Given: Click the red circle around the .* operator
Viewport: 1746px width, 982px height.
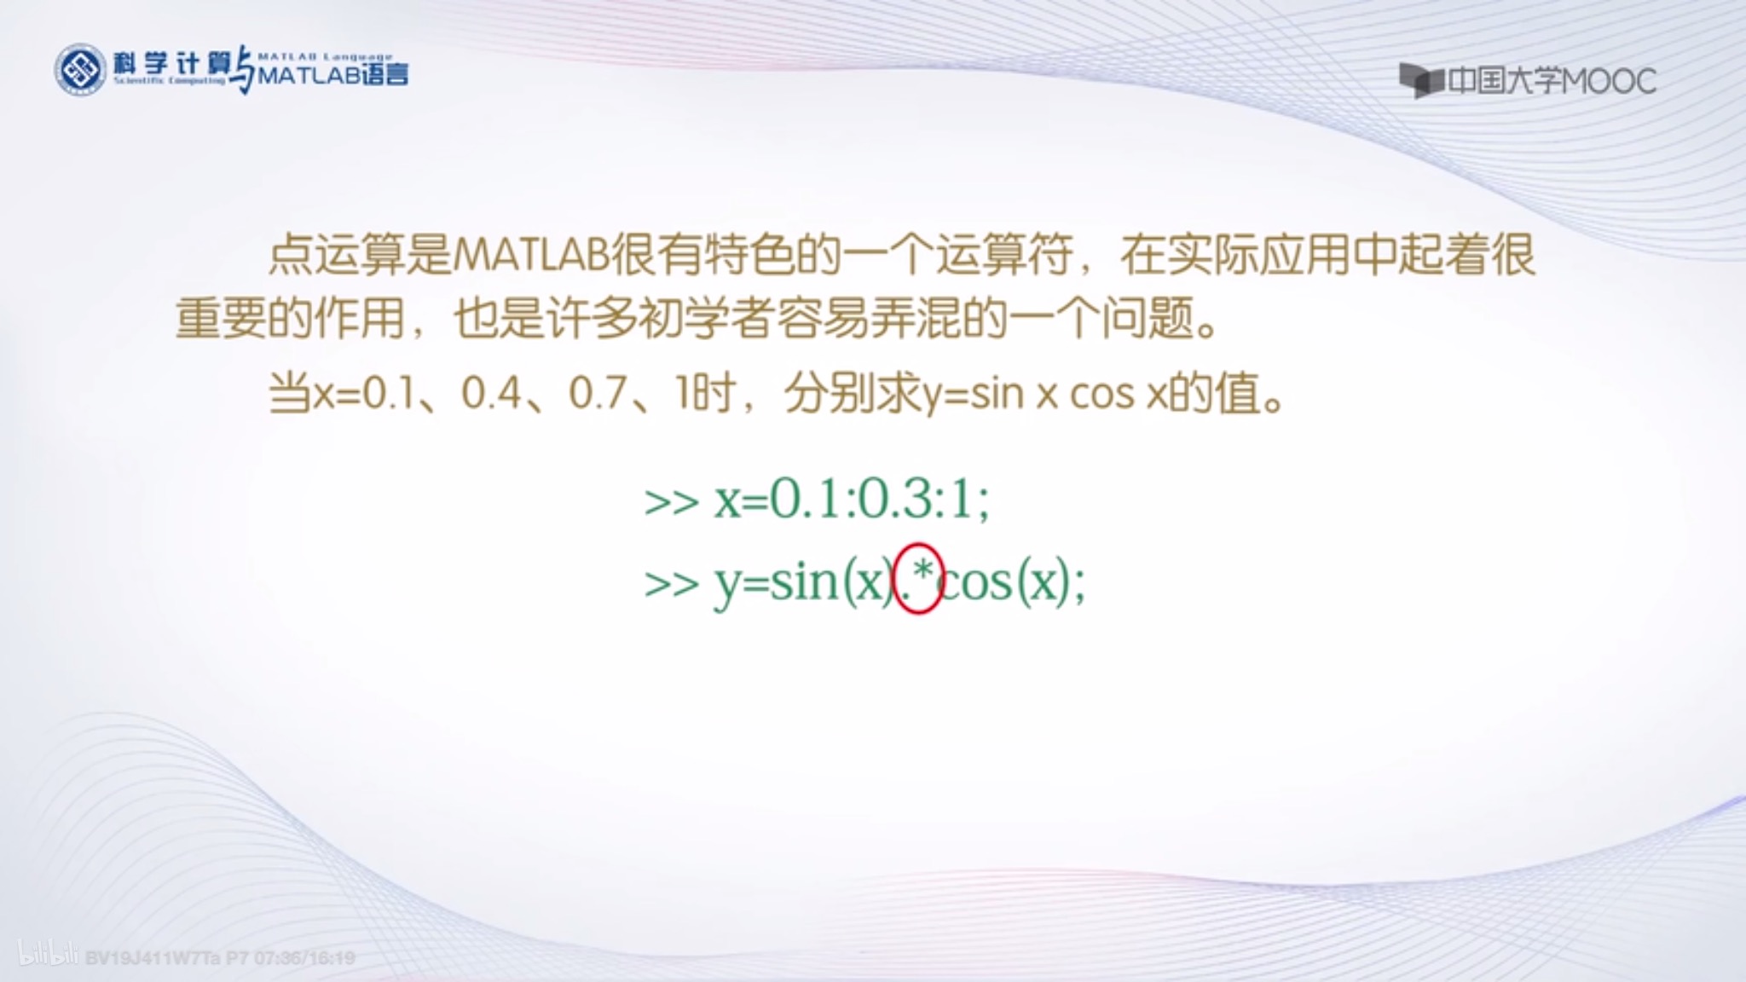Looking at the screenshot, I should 918,579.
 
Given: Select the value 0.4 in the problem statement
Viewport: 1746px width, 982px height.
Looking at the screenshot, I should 491,394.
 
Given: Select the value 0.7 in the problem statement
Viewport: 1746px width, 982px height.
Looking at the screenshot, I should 598,394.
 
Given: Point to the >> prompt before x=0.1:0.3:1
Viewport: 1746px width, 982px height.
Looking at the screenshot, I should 672,502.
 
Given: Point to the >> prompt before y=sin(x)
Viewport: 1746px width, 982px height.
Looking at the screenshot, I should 672,584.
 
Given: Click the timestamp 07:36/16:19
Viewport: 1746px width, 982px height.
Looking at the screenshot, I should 304,958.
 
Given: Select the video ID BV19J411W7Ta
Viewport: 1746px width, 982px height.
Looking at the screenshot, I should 153,958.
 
